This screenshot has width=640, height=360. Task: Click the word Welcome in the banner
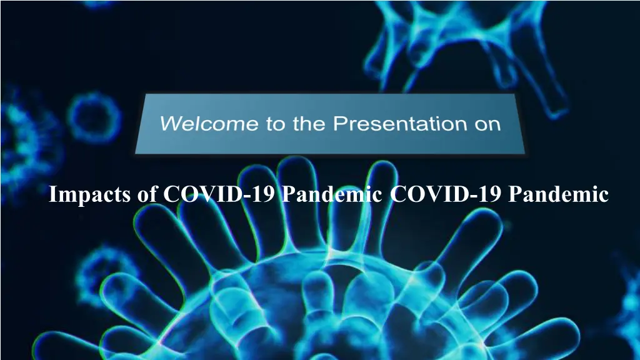pos(209,123)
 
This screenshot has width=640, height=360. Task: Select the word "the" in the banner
pos(309,123)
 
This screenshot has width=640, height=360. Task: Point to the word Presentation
pos(400,123)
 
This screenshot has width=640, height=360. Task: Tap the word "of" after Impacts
pos(147,194)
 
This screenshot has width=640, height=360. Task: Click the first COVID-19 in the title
pos(219,194)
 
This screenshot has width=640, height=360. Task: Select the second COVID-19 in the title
pos(446,194)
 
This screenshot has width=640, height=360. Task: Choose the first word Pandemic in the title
pos(332,194)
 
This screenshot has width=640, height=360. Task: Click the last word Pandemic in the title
pos(558,194)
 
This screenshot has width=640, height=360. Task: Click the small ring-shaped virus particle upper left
pos(77,118)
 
